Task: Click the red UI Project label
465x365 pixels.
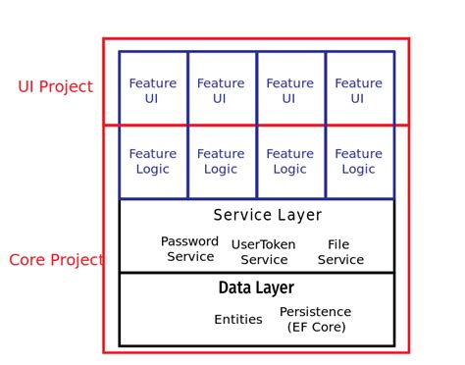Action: pyautogui.click(x=55, y=86)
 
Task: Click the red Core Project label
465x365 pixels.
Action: pyautogui.click(x=56, y=260)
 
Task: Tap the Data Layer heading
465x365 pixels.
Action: pyautogui.click(x=256, y=287)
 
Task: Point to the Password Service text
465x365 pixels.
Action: pyautogui.click(x=190, y=249)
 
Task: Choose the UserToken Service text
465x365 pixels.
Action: pyautogui.click(x=264, y=252)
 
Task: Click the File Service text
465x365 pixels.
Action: pyautogui.click(x=340, y=252)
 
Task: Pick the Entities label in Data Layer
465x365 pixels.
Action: pyautogui.click(x=238, y=319)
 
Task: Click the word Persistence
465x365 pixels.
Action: pyautogui.click(x=315, y=312)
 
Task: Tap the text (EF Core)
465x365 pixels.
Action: pyautogui.click(x=316, y=327)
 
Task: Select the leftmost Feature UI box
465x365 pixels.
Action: pyautogui.click(x=153, y=90)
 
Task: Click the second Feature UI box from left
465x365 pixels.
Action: pyautogui.click(x=221, y=90)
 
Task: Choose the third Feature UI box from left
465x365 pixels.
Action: pyautogui.click(x=289, y=90)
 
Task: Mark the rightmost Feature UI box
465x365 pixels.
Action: pyautogui.click(x=358, y=90)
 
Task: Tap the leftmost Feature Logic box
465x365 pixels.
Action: pyautogui.click(x=153, y=161)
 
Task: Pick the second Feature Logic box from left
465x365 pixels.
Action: pyautogui.click(x=221, y=161)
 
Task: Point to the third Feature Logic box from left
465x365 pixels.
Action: pyautogui.click(x=289, y=161)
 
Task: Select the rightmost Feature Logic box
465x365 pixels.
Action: pyautogui.click(x=358, y=161)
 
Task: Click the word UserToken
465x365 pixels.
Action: pyautogui.click(x=264, y=244)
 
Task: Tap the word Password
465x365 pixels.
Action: pyautogui.click(x=190, y=241)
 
